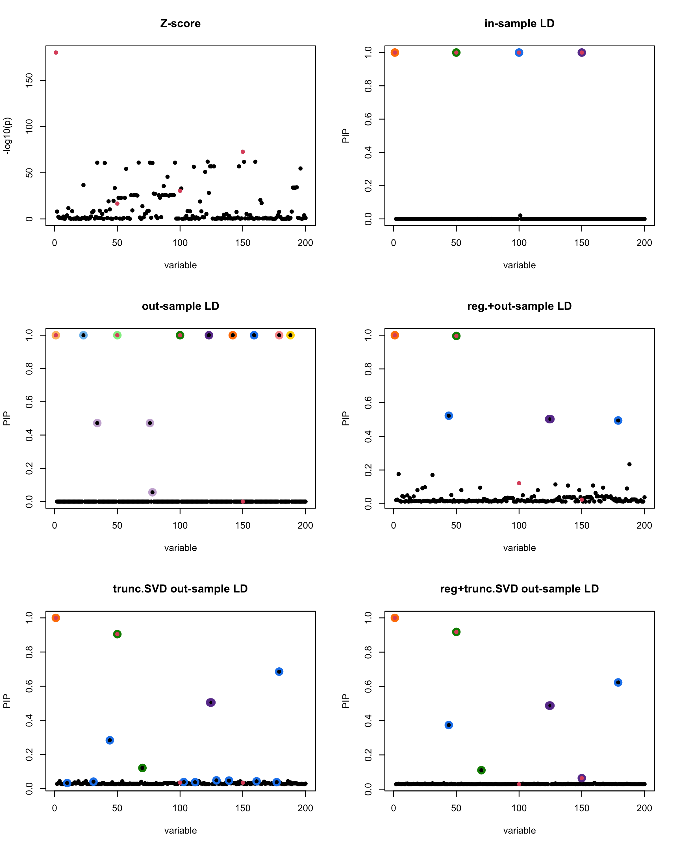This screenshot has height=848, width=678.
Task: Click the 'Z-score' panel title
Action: pyautogui.click(x=181, y=23)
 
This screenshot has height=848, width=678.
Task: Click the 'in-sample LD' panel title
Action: pyautogui.click(x=519, y=23)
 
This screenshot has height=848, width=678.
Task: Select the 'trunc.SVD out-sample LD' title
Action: pyautogui.click(x=181, y=589)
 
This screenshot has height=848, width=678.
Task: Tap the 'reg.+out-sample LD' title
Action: pyautogui.click(x=519, y=306)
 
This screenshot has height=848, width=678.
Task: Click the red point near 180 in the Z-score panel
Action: pyautogui.click(x=56, y=53)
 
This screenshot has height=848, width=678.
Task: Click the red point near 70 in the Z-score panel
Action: pyautogui.click(x=243, y=152)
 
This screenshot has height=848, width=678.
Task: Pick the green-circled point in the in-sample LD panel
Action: pyautogui.click(x=456, y=53)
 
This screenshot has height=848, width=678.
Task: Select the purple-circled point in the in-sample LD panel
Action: pyautogui.click(x=582, y=53)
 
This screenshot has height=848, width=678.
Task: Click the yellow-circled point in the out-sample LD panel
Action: pyautogui.click(x=290, y=335)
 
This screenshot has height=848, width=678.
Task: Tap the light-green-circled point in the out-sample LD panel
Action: pyautogui.click(x=117, y=335)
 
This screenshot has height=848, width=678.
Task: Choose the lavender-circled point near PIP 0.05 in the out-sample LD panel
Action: pyautogui.click(x=153, y=492)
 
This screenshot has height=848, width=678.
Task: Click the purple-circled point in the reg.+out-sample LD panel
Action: pyautogui.click(x=550, y=419)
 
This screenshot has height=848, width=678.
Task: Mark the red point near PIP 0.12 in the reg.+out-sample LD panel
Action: pyautogui.click(x=519, y=483)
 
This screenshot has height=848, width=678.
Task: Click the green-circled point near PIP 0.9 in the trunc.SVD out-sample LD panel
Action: pyautogui.click(x=117, y=634)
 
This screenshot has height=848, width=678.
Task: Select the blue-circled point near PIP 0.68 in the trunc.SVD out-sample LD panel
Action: pyautogui.click(x=279, y=671)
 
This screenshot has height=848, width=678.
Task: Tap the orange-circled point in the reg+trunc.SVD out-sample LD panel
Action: pyautogui.click(x=395, y=618)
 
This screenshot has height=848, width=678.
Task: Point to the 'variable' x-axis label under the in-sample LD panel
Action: pyautogui.click(x=519, y=265)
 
